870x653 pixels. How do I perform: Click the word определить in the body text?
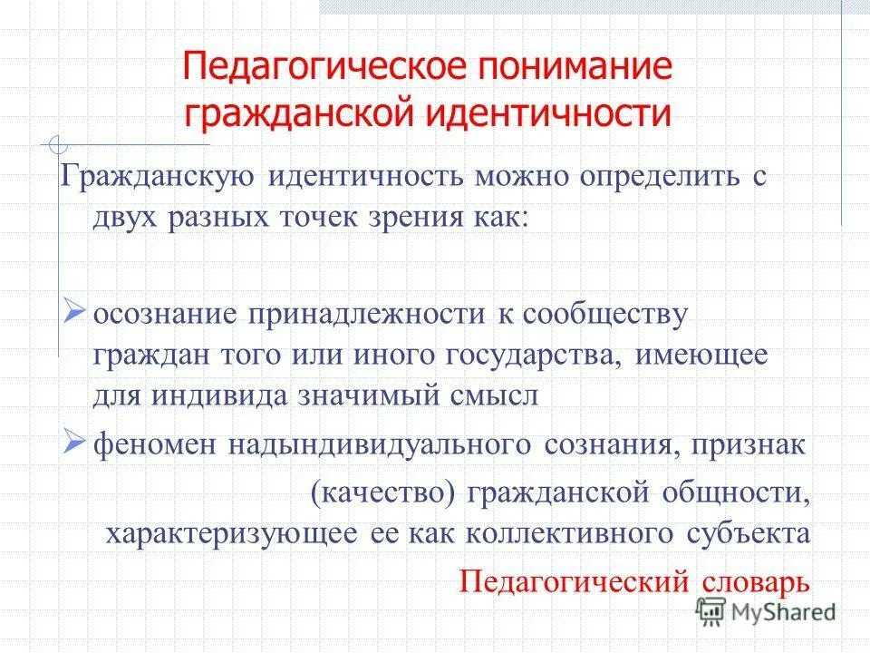(645, 176)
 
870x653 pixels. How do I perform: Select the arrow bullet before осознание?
(76, 312)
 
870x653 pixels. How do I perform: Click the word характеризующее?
(231, 533)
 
